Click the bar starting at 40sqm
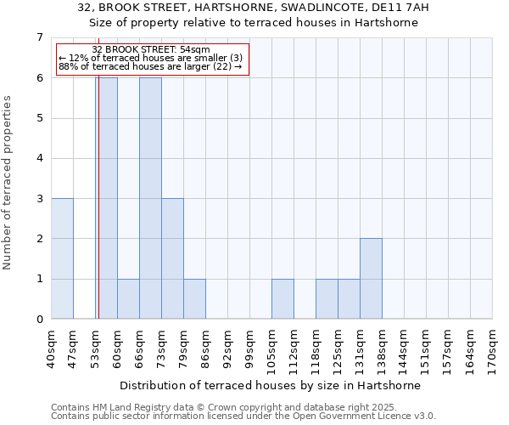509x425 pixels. (x=62, y=258)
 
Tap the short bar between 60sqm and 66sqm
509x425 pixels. (x=128, y=298)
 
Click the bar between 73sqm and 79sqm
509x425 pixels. (x=172, y=258)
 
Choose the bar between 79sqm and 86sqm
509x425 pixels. (x=194, y=298)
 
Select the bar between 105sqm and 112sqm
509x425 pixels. (x=282, y=298)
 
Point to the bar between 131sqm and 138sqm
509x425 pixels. (x=371, y=279)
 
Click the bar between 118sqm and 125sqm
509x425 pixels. (x=327, y=298)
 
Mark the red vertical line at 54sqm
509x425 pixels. (x=98, y=212)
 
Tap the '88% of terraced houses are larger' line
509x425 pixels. (x=150, y=66)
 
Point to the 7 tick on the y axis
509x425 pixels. (x=39, y=37)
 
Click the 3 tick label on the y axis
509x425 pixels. (x=39, y=199)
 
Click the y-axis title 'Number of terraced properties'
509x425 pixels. (x=8, y=183)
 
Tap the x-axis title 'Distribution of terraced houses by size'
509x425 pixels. (x=270, y=385)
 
